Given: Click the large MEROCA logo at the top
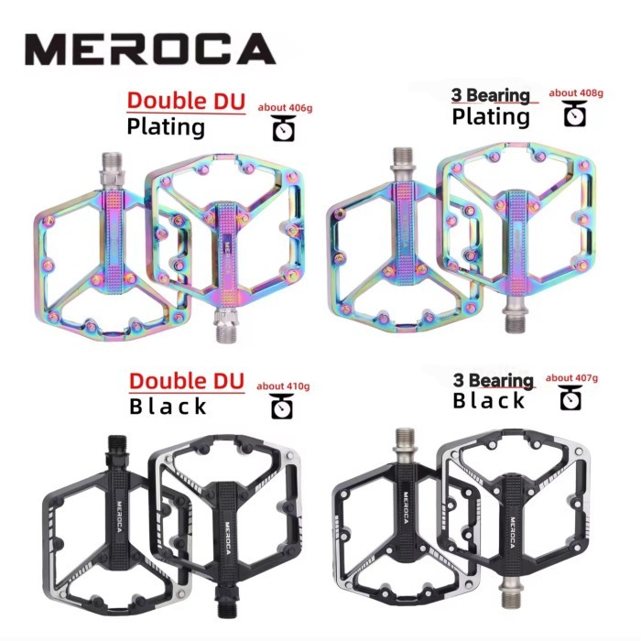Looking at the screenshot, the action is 150,49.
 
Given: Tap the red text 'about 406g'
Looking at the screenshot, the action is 285,108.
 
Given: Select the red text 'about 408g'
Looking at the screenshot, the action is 576,93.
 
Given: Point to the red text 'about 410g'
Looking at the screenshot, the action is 283,386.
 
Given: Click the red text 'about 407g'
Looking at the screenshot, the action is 571,378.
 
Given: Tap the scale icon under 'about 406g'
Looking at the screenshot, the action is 284,128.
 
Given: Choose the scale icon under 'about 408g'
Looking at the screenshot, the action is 575,114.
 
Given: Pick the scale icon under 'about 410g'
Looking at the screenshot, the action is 282,407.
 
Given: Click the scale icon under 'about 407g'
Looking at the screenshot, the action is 570,397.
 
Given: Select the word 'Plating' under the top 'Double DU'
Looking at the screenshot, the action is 166,127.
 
